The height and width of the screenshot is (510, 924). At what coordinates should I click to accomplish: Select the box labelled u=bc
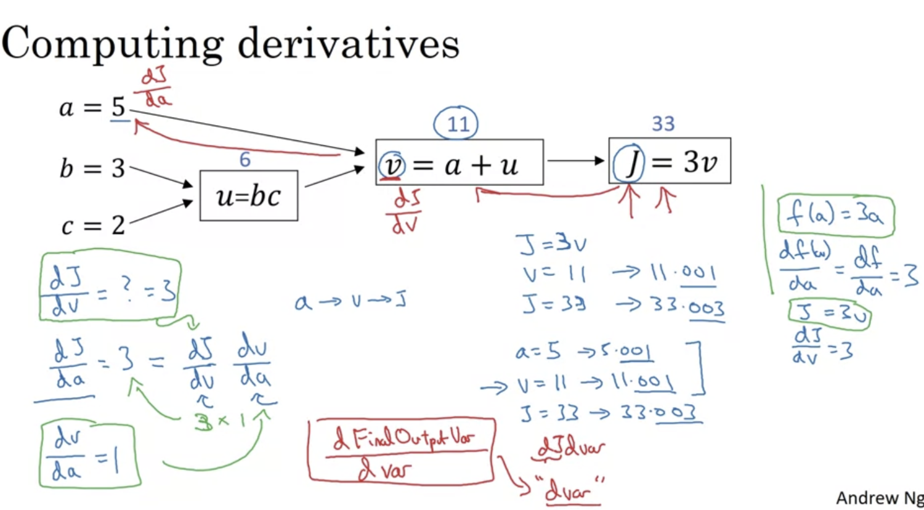[248, 196]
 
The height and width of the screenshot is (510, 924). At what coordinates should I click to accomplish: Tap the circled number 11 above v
[456, 124]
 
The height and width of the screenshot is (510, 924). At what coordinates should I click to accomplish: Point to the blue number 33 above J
[663, 124]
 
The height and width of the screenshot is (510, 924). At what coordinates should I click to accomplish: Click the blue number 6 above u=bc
[245, 160]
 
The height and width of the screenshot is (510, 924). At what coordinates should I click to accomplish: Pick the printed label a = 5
[92, 108]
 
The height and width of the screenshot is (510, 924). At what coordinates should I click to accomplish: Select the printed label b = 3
[92, 168]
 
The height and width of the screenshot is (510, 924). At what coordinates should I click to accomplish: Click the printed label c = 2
[93, 225]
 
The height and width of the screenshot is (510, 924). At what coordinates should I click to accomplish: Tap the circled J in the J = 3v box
[629, 163]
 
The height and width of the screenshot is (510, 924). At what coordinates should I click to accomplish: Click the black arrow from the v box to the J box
[575, 161]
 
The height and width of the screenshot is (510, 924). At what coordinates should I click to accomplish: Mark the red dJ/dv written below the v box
[406, 211]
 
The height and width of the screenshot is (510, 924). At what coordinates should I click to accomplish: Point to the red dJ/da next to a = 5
[155, 87]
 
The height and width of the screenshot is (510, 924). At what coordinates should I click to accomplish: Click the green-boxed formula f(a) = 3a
[835, 215]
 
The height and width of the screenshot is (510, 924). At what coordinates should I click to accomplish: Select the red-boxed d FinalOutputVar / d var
[401, 450]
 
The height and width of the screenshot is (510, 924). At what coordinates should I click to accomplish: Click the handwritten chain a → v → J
[351, 301]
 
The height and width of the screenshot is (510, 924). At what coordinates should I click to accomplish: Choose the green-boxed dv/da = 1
[87, 455]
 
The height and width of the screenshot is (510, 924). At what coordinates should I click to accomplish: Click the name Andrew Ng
[879, 498]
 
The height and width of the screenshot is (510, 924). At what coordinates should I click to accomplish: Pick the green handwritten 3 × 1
[220, 421]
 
